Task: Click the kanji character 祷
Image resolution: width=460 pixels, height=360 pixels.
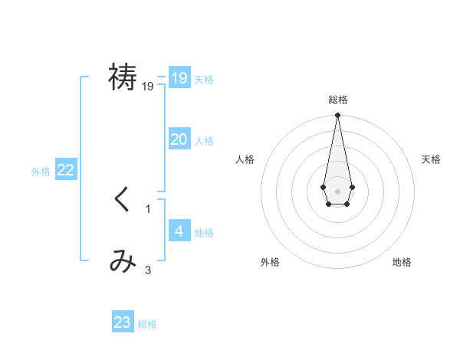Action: pos(123,77)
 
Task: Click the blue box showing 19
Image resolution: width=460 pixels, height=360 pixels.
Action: pos(179,78)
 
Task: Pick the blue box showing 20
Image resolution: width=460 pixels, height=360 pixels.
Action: pos(179,139)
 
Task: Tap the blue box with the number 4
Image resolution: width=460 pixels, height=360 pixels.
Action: pos(179,231)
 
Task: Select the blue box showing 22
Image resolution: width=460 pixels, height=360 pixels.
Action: pos(66,170)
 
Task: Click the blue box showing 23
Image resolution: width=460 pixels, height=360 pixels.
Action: pos(123,322)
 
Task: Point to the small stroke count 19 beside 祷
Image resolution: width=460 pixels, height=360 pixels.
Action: pos(148,87)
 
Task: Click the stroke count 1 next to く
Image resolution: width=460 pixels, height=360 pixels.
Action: pos(148,208)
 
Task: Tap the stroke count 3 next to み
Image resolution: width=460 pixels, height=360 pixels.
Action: pos(148,270)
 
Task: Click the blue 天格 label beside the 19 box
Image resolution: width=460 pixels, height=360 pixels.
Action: pos(204,80)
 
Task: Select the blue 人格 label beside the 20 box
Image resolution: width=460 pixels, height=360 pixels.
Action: pos(204,141)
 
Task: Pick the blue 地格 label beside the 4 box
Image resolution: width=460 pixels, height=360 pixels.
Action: pos(204,233)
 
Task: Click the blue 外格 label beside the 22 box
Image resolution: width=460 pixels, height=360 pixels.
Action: pos(41,172)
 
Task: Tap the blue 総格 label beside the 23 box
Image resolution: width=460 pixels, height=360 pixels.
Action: pos(147,324)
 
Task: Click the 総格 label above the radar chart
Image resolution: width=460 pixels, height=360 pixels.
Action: pos(337,100)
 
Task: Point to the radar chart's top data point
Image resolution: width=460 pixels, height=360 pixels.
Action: pos(337,116)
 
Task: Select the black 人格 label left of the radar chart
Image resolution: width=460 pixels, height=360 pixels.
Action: pos(245,159)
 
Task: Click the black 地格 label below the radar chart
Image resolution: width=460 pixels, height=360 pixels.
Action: pos(402,262)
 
